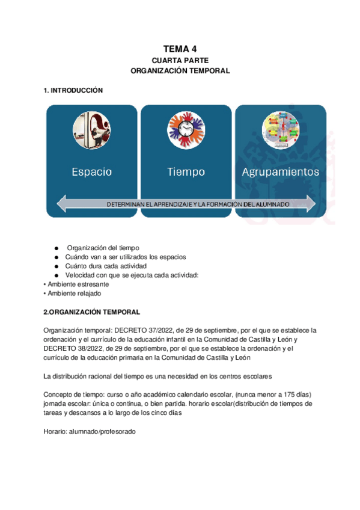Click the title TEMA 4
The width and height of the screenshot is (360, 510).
(x=180, y=49)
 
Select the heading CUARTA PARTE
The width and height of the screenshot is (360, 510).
(x=180, y=60)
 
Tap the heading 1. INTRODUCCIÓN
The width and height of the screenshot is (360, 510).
(x=73, y=90)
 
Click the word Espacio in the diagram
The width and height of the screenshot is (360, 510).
(x=92, y=172)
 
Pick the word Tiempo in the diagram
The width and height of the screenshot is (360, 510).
(x=186, y=172)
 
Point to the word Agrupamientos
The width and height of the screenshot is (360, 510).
(x=280, y=172)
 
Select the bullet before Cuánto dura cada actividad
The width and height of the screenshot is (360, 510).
(x=56, y=266)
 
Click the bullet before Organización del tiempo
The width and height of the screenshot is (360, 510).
(x=56, y=248)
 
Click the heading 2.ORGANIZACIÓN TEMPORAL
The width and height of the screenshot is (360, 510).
(x=92, y=312)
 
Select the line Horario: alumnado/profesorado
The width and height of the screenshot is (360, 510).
(x=90, y=431)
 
